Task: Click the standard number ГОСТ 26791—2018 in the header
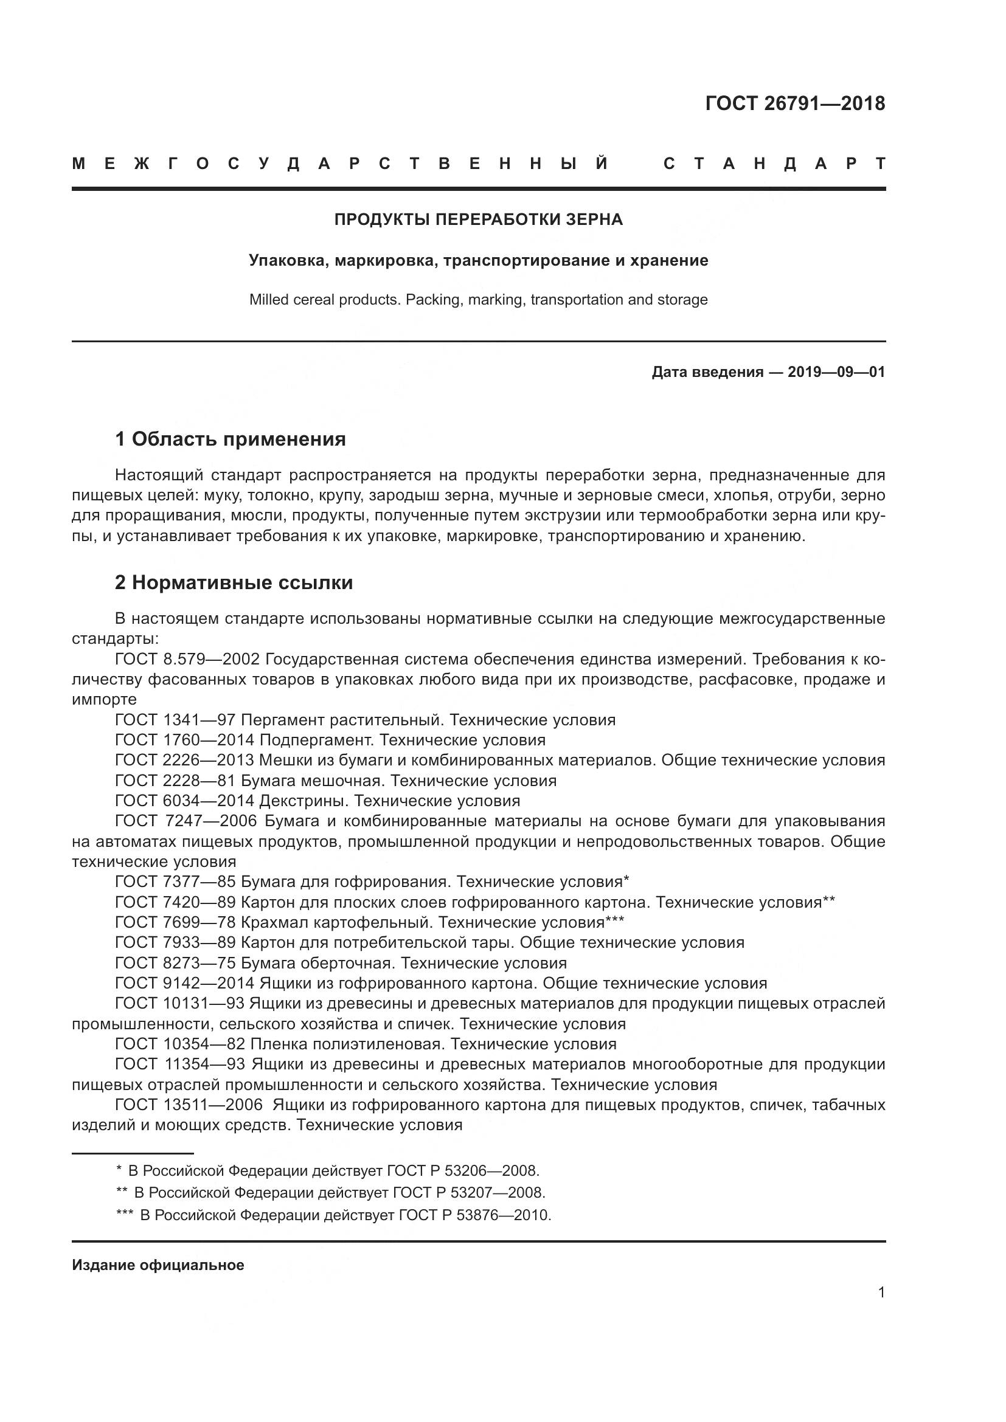point(795,103)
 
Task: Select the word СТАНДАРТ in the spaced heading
point(774,164)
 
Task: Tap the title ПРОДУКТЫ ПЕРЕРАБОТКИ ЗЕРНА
point(478,219)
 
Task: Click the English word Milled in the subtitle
point(270,300)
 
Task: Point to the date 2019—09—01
point(836,372)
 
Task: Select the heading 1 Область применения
point(230,439)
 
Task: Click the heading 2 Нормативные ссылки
point(234,583)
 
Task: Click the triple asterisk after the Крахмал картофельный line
point(614,921)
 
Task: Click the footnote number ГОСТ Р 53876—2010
point(474,1215)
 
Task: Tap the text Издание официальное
point(158,1265)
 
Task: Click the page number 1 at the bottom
point(881,1293)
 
